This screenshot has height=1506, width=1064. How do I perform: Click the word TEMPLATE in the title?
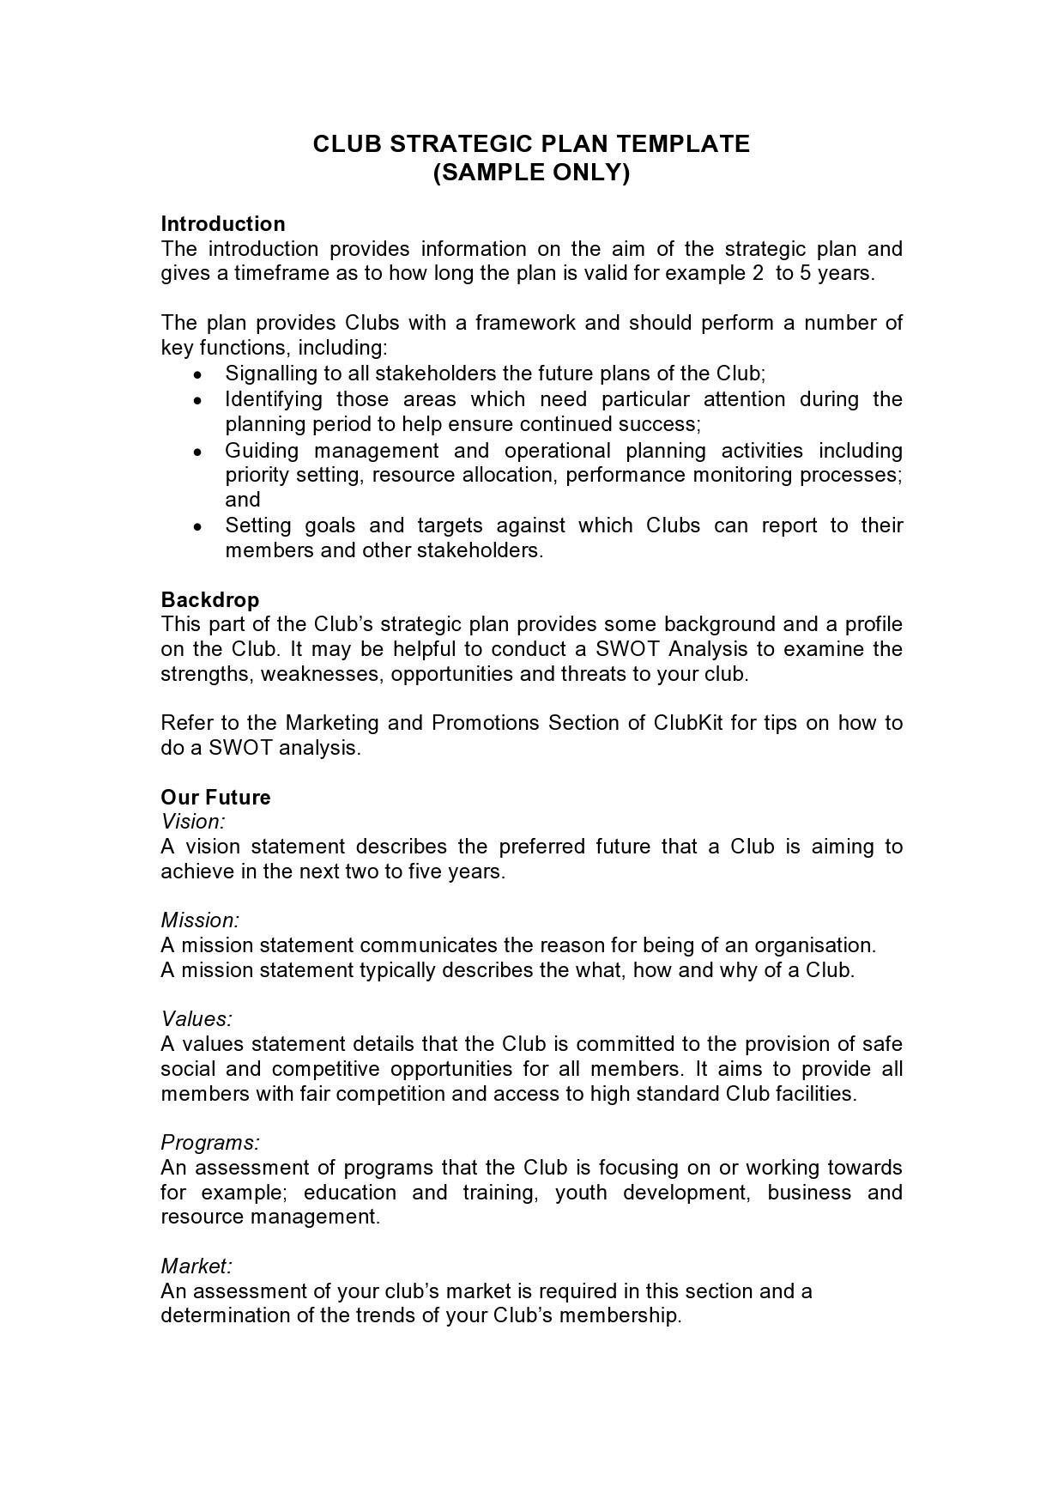[x=686, y=143]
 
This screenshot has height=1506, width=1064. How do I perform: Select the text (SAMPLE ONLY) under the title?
[x=531, y=173]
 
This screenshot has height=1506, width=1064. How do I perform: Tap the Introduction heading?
[x=223, y=224]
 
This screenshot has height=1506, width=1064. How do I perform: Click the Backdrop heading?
[x=210, y=599]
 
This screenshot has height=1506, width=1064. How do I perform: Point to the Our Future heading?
[x=215, y=797]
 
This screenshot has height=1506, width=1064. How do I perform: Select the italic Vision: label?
[x=193, y=822]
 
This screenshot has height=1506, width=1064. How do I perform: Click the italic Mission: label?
[x=200, y=920]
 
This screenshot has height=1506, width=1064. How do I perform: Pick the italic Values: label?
[x=196, y=1019]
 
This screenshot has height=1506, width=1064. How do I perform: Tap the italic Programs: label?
[x=210, y=1143]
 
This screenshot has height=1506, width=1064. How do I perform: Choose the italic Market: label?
[x=196, y=1266]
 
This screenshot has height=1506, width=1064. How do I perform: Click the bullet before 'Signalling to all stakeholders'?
[x=198, y=375]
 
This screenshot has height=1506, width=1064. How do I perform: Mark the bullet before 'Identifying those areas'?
[x=198, y=400]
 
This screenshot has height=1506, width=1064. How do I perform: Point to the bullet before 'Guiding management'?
[x=198, y=452]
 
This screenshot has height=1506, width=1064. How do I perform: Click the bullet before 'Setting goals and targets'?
[x=198, y=526]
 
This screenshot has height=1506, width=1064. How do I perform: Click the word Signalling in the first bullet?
[x=269, y=373]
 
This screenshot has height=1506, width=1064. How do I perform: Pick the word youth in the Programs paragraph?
[x=580, y=1193]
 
